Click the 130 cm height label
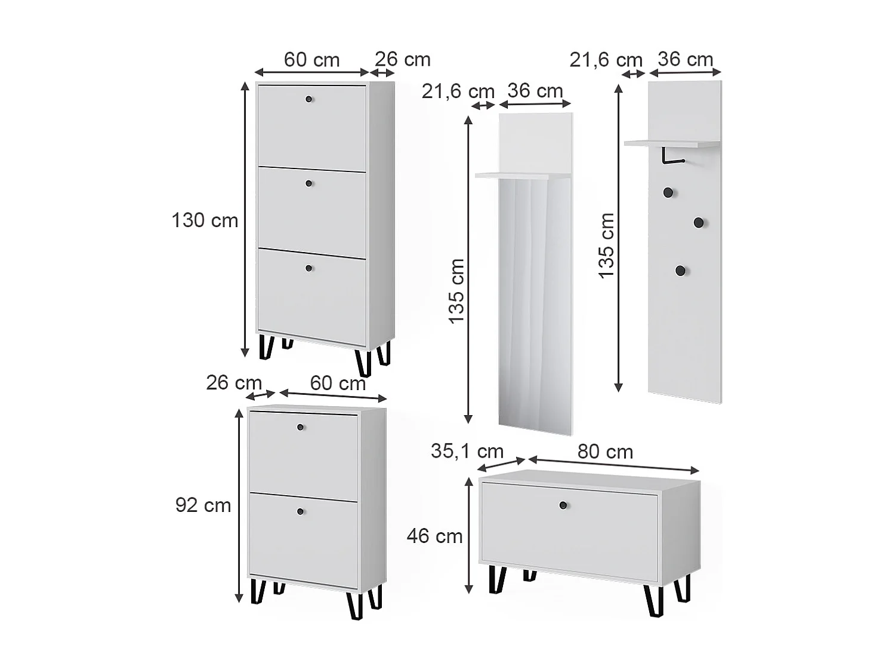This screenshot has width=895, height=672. pos(205,220)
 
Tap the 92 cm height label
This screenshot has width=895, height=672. pos(203,505)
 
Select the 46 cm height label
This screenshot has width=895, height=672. pos(434,536)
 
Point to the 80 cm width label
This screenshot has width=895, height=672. pos(605,452)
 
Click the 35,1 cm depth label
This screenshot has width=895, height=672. pos(467,451)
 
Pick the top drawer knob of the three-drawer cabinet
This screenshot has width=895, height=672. pos(309,99)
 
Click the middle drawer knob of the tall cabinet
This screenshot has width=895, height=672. pos(309,183)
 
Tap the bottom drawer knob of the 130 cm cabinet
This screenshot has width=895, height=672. pos(309,268)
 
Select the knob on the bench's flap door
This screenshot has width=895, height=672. pos(563,505)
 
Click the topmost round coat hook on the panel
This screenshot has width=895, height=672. pos(668,192)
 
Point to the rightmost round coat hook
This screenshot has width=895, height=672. pos(699,223)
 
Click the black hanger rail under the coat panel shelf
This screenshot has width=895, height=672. pos(671,156)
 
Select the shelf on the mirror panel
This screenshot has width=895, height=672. pos(523,176)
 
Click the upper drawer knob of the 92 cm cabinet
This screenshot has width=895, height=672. pos(301,427)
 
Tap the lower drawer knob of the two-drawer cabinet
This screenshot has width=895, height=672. pos(301,511)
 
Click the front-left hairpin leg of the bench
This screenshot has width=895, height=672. pos(497,579)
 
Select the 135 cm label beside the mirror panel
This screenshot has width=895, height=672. pos(456,291)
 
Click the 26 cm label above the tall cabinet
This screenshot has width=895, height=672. pos(403,60)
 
